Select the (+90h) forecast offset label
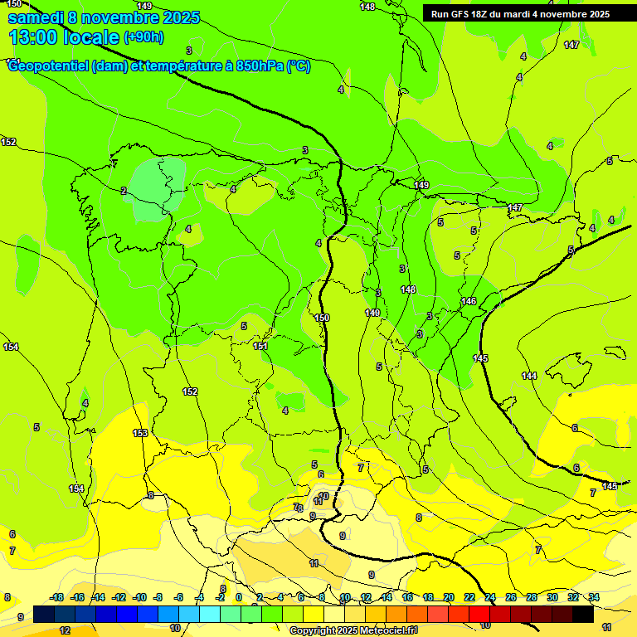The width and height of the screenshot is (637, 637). pyautogui.click(x=143, y=37)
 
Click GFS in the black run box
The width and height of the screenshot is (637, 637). pyautogui.click(x=460, y=14)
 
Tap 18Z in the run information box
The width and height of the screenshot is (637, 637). pyautogui.click(x=481, y=14)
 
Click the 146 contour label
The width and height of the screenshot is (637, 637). pyautogui.click(x=469, y=301)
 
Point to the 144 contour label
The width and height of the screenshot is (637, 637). pyautogui.click(x=529, y=376)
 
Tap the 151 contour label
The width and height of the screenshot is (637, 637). pyautogui.click(x=260, y=346)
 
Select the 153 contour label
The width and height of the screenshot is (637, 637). pyautogui.click(x=140, y=433)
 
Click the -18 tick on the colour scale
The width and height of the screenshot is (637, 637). pyautogui.click(x=56, y=597)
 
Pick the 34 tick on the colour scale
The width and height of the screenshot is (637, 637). pyautogui.click(x=594, y=597)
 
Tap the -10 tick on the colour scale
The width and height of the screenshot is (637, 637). pyautogui.click(x=140, y=597)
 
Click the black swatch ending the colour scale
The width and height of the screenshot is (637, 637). pyautogui.click(x=583, y=614)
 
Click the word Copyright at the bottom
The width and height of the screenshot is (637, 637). pyautogui.click(x=313, y=631)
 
